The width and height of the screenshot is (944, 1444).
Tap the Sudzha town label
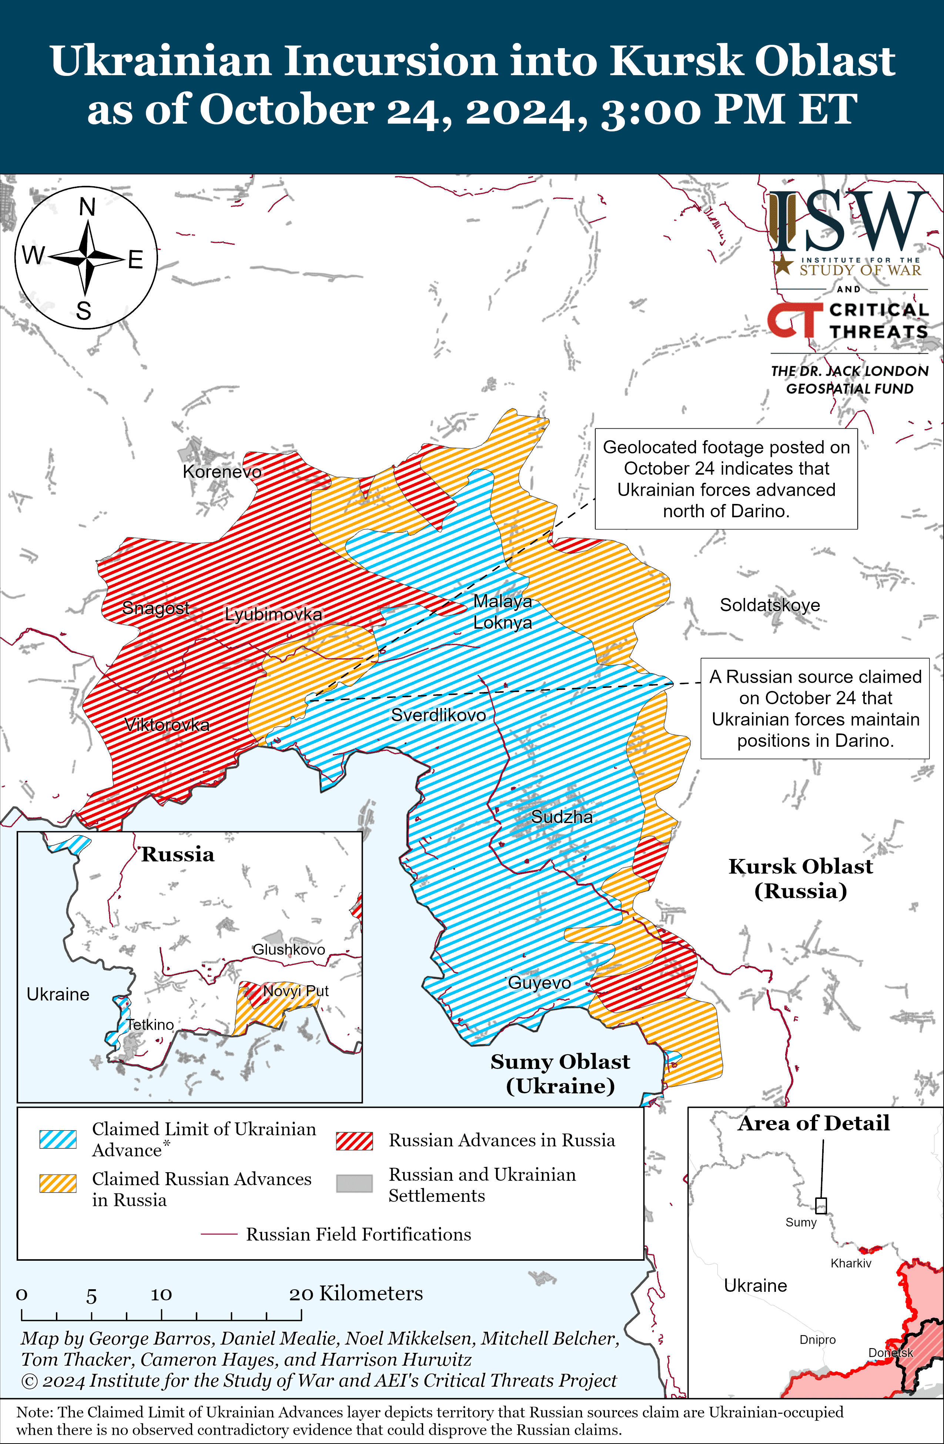(x=562, y=817)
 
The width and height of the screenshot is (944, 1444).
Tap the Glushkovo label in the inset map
(x=289, y=949)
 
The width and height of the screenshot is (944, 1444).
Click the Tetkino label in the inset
(x=150, y=1025)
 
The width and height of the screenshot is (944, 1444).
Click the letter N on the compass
(x=87, y=207)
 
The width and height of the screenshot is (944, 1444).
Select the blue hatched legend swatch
(x=58, y=1139)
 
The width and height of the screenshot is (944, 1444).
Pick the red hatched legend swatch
(x=354, y=1141)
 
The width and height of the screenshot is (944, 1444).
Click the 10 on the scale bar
(x=161, y=1295)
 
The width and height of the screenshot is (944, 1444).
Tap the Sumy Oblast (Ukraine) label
(x=560, y=1074)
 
